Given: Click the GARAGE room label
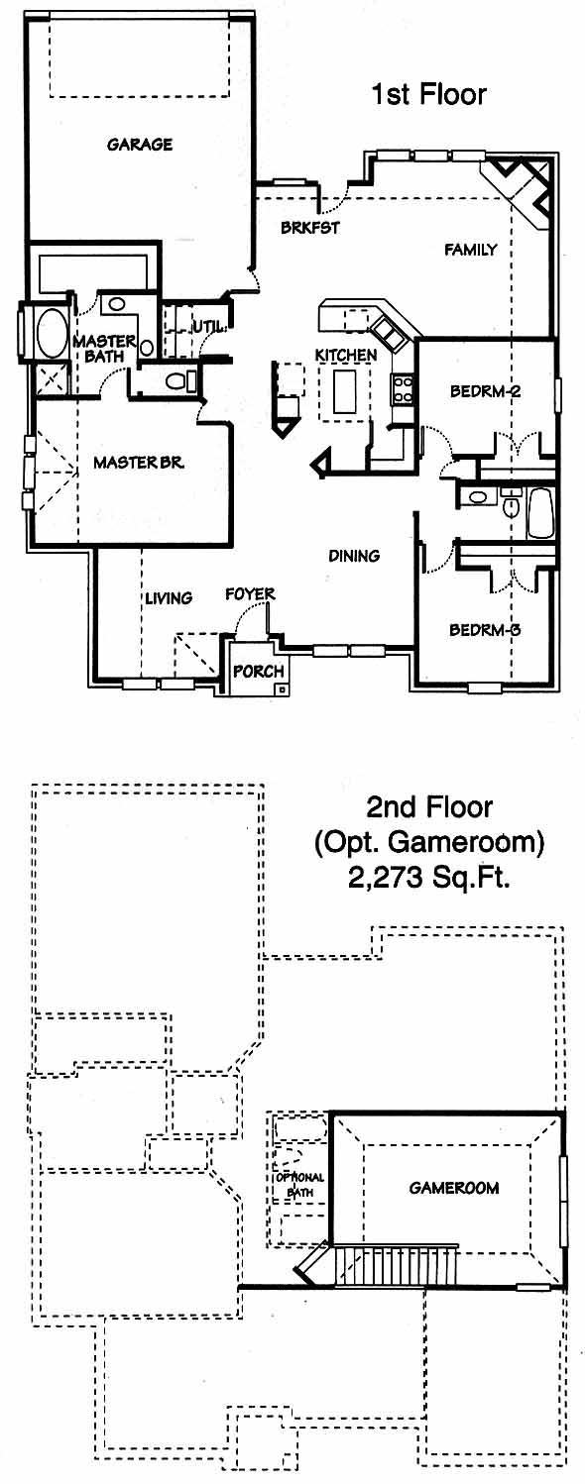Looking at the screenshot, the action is tap(139, 144).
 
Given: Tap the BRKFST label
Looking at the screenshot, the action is tap(309, 227).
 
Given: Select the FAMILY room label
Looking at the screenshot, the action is tap(470, 249).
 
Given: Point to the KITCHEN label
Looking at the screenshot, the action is tap(346, 355).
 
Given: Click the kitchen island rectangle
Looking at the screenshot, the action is tap(345, 390).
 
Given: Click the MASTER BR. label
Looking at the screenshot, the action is tap(138, 462).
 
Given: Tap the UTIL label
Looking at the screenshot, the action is tap(209, 327).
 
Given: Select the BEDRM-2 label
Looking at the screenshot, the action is tap(485, 390).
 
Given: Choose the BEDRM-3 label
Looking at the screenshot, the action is tap(485, 629).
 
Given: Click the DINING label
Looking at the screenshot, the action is tap(354, 555).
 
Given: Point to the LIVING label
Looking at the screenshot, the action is tap(170, 597).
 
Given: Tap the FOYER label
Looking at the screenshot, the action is tap(250, 593).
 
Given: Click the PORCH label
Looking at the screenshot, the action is tap(259, 671).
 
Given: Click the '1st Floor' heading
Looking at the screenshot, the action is tap(428, 94).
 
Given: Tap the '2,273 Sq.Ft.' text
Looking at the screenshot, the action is tap(428, 878).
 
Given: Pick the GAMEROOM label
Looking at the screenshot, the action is tap(454, 1188).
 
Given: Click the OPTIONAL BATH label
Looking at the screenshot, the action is tap(299, 1185).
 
